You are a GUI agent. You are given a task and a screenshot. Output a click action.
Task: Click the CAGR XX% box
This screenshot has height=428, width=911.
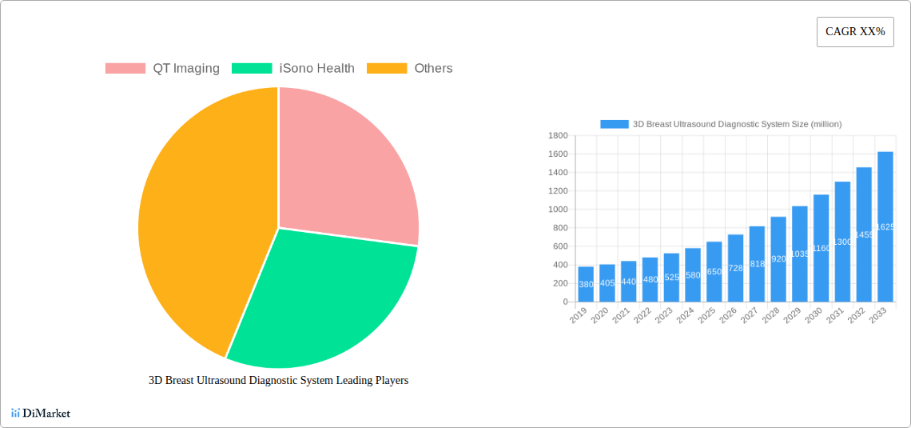(x=855, y=32)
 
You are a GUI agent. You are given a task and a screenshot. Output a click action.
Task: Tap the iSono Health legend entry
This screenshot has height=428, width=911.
(x=293, y=69)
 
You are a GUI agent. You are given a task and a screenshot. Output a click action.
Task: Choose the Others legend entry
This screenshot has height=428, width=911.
(x=409, y=69)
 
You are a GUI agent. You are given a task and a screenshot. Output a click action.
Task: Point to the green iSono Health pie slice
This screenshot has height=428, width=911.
(x=320, y=296)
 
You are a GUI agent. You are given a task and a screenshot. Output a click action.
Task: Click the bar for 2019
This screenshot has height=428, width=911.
(x=586, y=284)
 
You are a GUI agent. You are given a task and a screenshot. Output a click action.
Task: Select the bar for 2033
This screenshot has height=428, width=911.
(x=885, y=226)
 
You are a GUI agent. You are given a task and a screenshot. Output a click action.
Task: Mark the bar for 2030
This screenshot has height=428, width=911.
(x=821, y=248)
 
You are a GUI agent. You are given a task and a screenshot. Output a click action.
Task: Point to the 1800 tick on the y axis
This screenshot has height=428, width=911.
(x=558, y=135)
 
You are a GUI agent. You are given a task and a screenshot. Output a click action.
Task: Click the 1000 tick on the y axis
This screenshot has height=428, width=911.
(x=558, y=210)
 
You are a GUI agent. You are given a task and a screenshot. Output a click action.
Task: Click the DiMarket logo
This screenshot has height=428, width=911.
(x=41, y=413)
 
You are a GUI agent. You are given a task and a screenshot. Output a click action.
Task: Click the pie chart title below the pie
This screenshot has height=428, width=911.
(x=278, y=381)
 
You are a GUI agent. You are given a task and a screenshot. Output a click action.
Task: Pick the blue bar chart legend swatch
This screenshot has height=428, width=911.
(x=615, y=124)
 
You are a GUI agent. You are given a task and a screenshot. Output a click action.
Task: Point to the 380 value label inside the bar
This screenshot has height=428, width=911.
(x=586, y=285)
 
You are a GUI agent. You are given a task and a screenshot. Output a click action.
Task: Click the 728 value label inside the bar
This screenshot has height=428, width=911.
(x=736, y=269)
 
